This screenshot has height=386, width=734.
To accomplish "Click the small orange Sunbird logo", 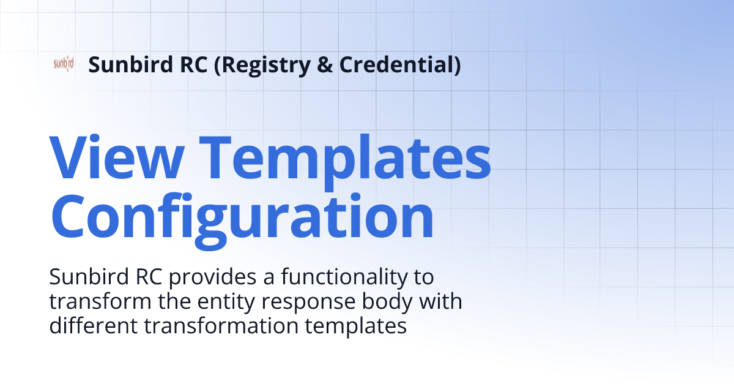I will click(x=64, y=64).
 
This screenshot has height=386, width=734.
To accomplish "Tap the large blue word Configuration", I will click(x=242, y=216).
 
